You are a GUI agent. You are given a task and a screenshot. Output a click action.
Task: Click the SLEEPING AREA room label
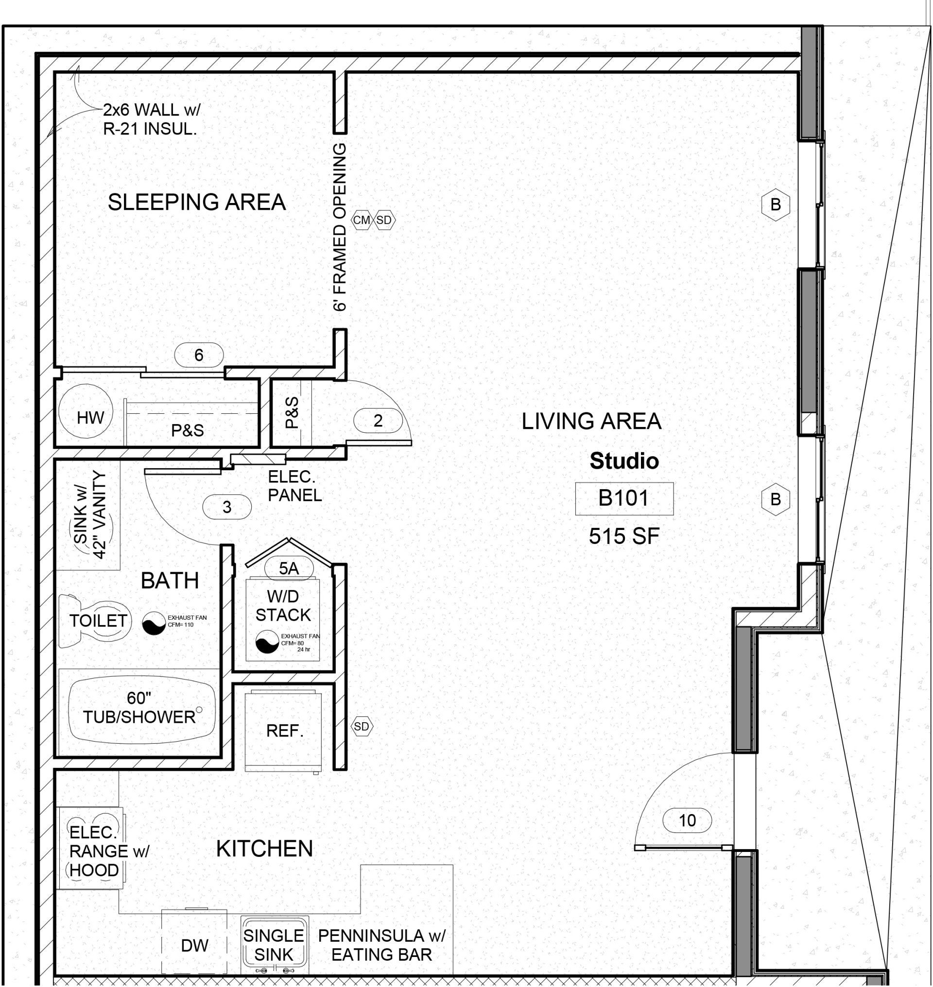click(x=197, y=203)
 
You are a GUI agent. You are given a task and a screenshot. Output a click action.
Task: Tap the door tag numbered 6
click(x=199, y=355)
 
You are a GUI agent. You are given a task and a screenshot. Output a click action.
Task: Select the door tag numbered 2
click(x=378, y=421)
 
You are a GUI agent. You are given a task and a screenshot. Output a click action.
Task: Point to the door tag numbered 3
click(x=227, y=507)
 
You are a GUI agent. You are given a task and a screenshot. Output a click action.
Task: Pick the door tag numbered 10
click(x=687, y=820)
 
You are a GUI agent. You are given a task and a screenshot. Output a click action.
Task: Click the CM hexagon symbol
click(x=362, y=220)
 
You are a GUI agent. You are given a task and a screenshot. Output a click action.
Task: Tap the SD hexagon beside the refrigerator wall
click(x=362, y=727)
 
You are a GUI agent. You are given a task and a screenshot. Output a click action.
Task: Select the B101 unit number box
click(x=624, y=498)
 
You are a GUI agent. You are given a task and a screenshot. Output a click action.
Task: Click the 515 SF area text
click(x=624, y=536)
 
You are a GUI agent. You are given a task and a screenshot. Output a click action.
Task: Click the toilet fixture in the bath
click(x=94, y=621)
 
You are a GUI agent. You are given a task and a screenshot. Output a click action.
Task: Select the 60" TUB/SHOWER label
click(x=139, y=708)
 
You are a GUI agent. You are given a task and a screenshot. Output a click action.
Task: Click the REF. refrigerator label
click(x=284, y=731)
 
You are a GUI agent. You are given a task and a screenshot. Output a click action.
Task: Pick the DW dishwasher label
click(x=194, y=945)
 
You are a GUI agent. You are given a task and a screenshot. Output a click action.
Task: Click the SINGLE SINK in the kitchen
click(x=274, y=945)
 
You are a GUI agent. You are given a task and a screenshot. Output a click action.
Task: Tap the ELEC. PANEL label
click(x=295, y=486)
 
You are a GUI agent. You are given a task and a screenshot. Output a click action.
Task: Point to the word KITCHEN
click(x=264, y=849)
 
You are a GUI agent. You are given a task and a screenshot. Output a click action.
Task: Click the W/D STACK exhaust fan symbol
click(x=268, y=641)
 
